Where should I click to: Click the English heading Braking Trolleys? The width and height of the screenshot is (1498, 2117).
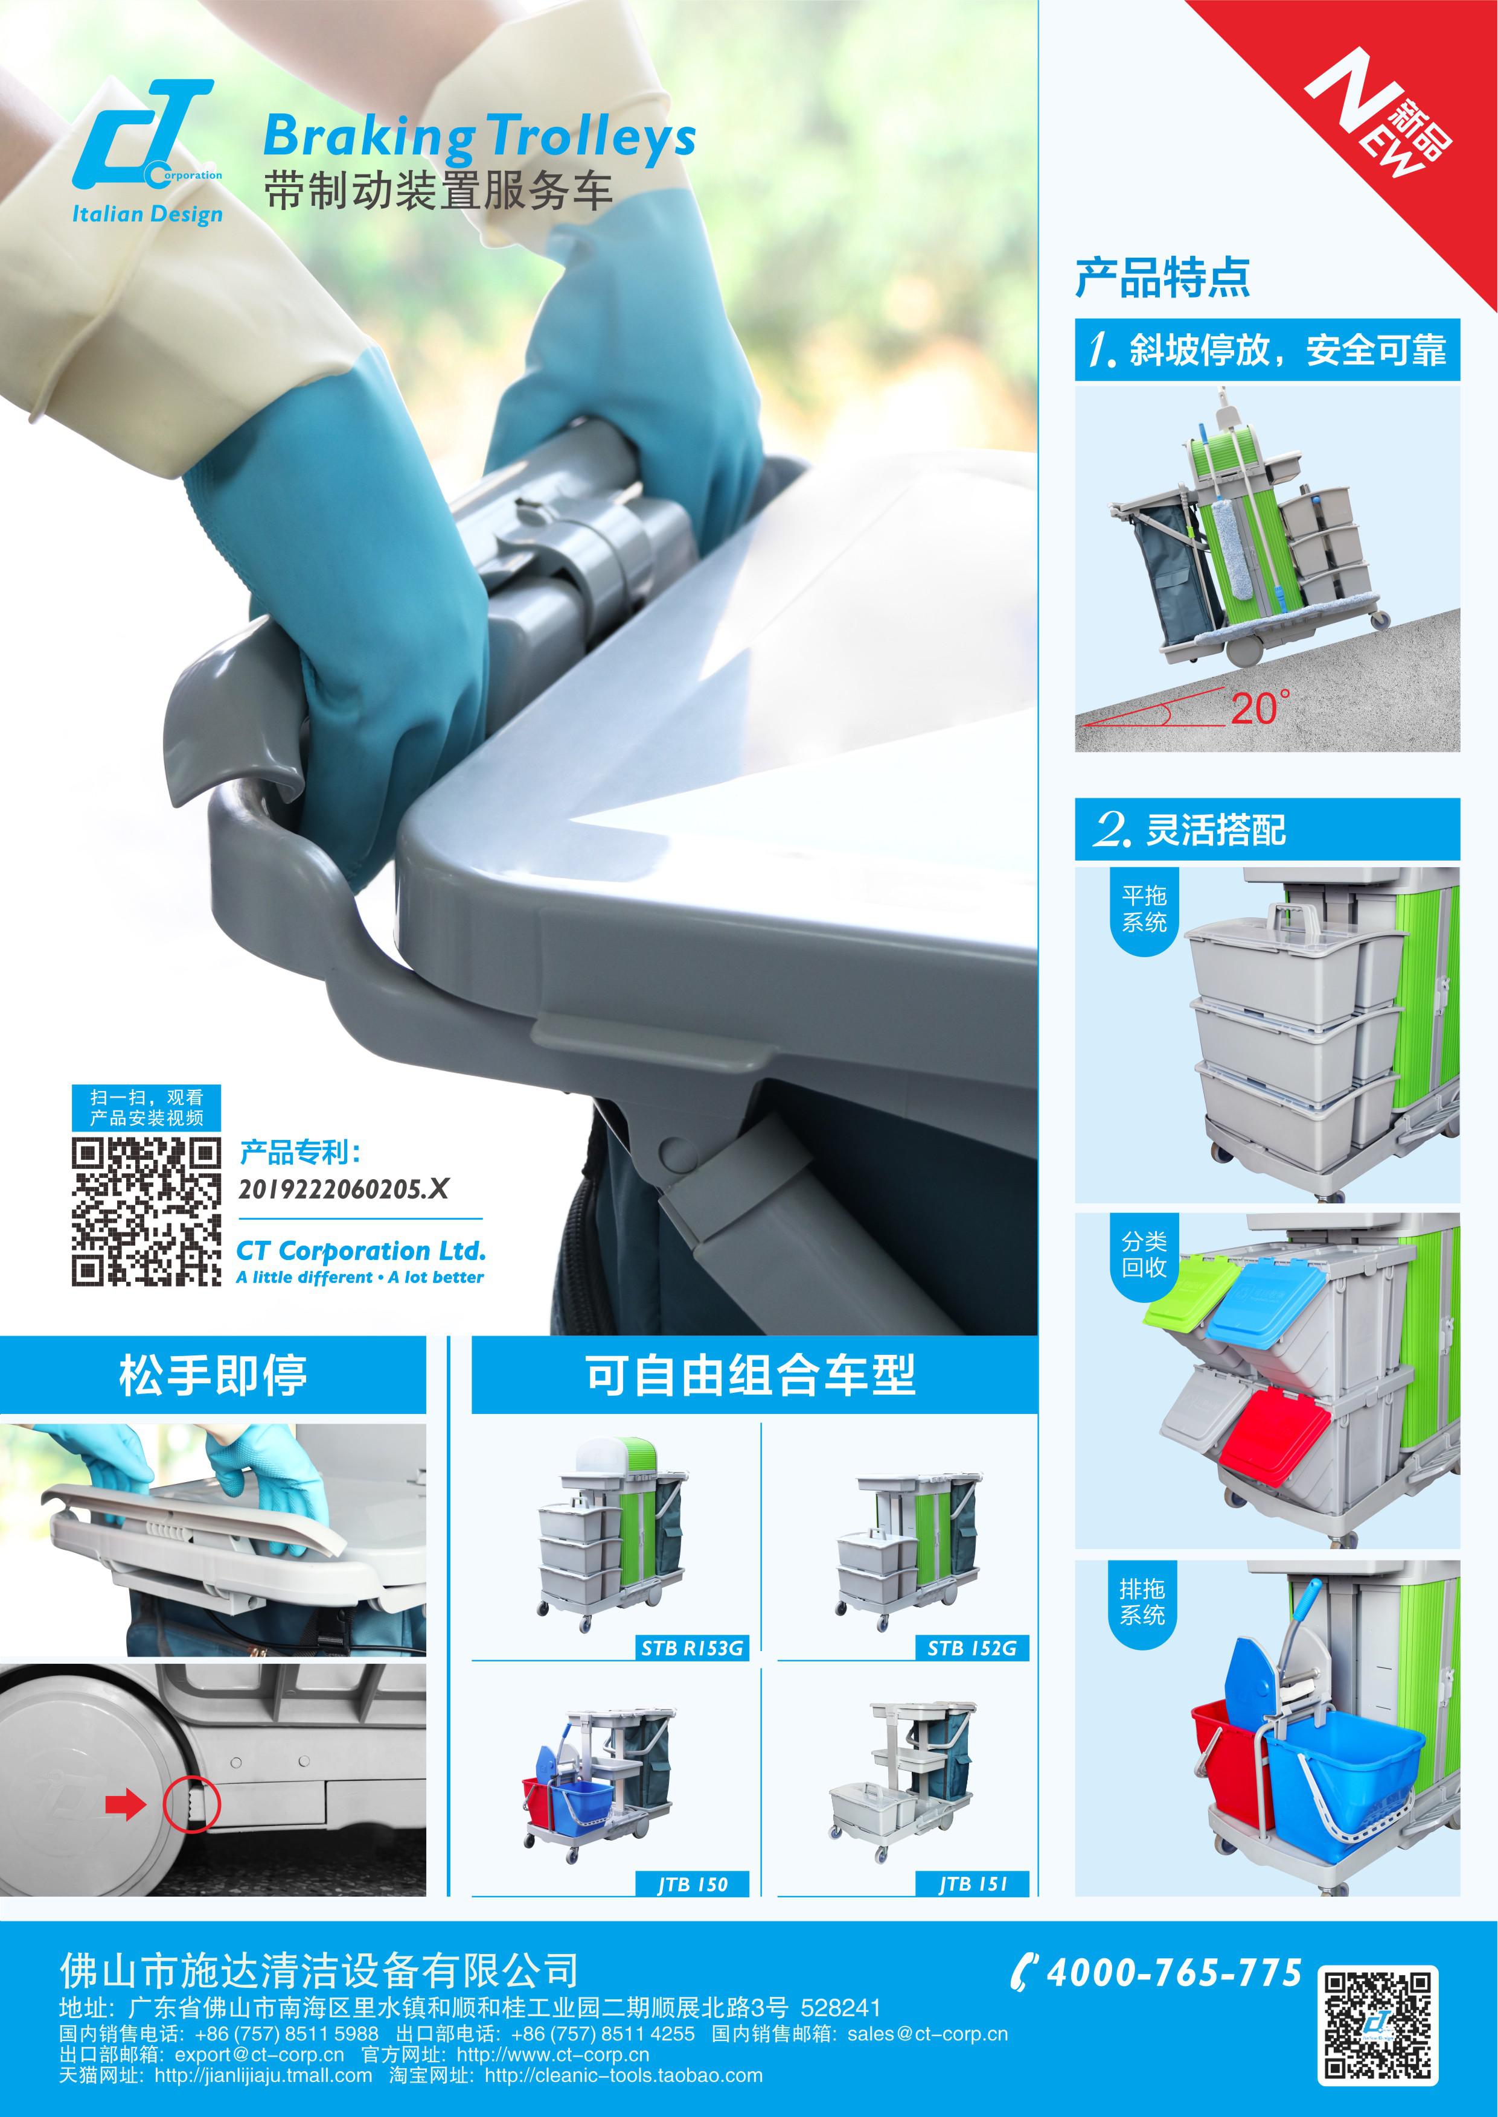click(x=479, y=138)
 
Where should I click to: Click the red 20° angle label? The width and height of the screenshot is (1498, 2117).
click(x=1260, y=708)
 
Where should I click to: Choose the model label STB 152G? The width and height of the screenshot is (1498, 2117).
click(x=972, y=1647)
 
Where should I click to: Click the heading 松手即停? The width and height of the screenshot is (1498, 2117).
click(x=213, y=1375)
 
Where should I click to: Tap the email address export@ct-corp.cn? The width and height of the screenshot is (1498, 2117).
click(x=259, y=2054)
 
